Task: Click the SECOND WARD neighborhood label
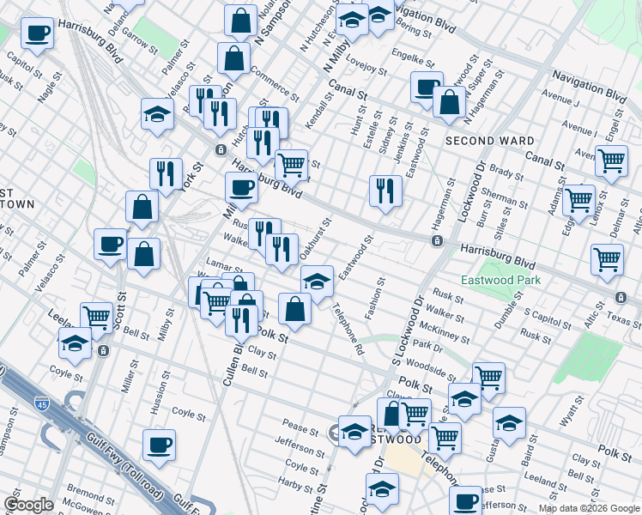(x=489, y=140)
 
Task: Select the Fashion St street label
(x=374, y=298)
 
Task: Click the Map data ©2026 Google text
(x=589, y=508)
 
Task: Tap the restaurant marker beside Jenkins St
(x=385, y=190)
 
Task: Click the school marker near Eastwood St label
(x=317, y=280)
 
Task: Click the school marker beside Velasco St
(x=158, y=113)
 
